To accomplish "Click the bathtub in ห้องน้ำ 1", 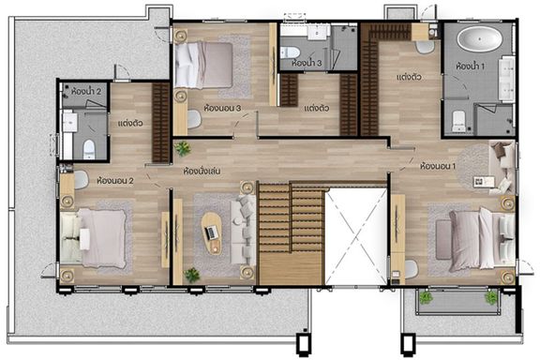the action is pyautogui.click(x=479, y=39).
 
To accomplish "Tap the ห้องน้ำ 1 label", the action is pyautogui.click(x=470, y=66).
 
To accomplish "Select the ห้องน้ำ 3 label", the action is pyautogui.click(x=307, y=63).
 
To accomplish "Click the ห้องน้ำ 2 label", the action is pyautogui.click(x=86, y=92).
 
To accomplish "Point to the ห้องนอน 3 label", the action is pyautogui.click(x=222, y=108).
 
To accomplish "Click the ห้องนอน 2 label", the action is pyautogui.click(x=115, y=181).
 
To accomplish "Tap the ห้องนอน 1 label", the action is pyautogui.click(x=438, y=166).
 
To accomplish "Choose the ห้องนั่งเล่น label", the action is pyautogui.click(x=202, y=171).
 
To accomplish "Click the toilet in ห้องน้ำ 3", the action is pyautogui.click(x=290, y=52).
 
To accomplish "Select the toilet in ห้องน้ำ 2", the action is pyautogui.click(x=89, y=149).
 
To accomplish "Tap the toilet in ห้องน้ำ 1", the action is pyautogui.click(x=458, y=121).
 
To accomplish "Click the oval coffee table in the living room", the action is pyautogui.click(x=211, y=233).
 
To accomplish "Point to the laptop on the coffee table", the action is pyautogui.click(x=212, y=232).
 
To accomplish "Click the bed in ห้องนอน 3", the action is pyautogui.click(x=203, y=65).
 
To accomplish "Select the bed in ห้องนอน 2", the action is pyautogui.click(x=93, y=238).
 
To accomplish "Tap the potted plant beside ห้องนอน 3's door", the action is pyautogui.click(x=182, y=148).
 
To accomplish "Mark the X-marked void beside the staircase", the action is pyautogui.click(x=356, y=236).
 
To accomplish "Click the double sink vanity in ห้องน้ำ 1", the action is pyautogui.click(x=506, y=79).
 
